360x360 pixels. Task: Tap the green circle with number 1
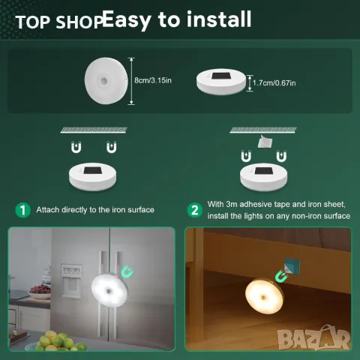[23, 210]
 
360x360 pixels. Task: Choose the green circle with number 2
[194, 210]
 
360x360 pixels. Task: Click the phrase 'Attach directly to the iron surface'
[95, 210]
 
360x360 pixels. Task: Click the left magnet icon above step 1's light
[77, 148]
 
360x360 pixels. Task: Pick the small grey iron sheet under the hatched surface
[264, 139]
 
